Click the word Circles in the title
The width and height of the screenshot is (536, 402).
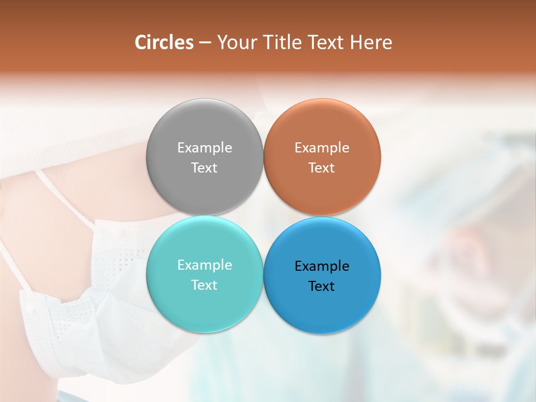coord(164,42)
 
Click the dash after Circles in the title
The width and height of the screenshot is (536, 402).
coord(205,43)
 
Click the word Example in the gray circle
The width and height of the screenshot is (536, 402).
coord(204,147)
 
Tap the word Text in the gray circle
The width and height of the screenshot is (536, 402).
coord(204,167)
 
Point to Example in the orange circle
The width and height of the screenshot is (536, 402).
coord(322,147)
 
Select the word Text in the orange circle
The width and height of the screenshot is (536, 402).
coord(322,167)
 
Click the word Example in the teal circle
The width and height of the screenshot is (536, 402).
coord(204,265)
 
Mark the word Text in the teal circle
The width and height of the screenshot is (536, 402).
coord(204,285)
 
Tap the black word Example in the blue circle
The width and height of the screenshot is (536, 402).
coord(322,266)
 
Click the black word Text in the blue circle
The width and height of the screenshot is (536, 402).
coord(322,286)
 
